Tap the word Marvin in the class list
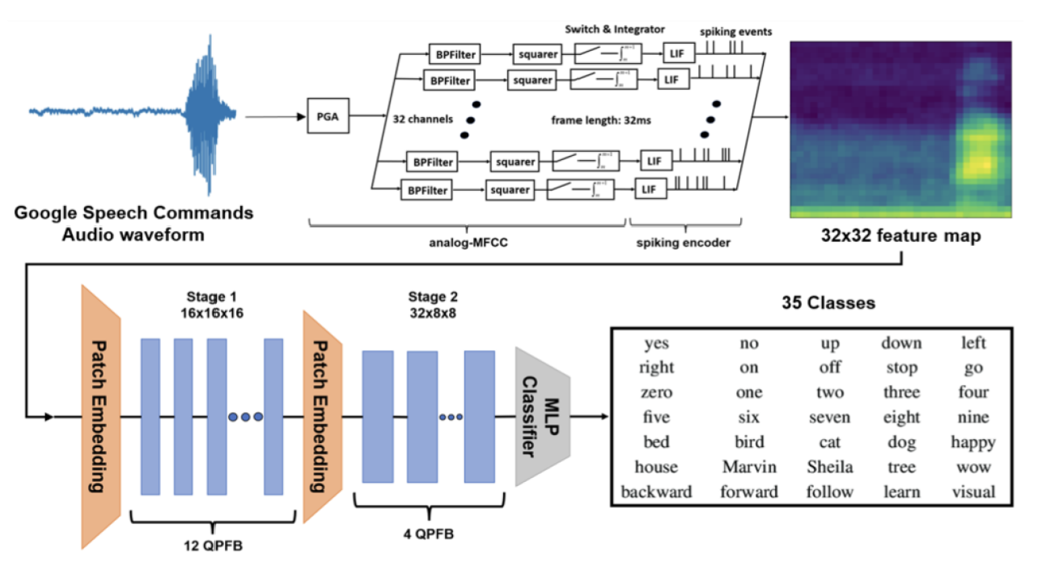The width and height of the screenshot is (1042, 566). (749, 467)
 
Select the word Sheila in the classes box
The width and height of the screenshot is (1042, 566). (830, 467)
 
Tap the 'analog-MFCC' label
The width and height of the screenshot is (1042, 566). (469, 242)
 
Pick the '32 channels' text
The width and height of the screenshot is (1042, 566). (421, 117)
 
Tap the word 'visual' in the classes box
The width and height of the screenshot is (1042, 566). (973, 492)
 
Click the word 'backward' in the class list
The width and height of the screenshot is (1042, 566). (656, 492)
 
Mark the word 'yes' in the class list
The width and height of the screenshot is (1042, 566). (656, 344)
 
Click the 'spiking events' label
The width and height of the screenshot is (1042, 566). (735, 32)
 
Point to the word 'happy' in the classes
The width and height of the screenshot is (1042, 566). (973, 442)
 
